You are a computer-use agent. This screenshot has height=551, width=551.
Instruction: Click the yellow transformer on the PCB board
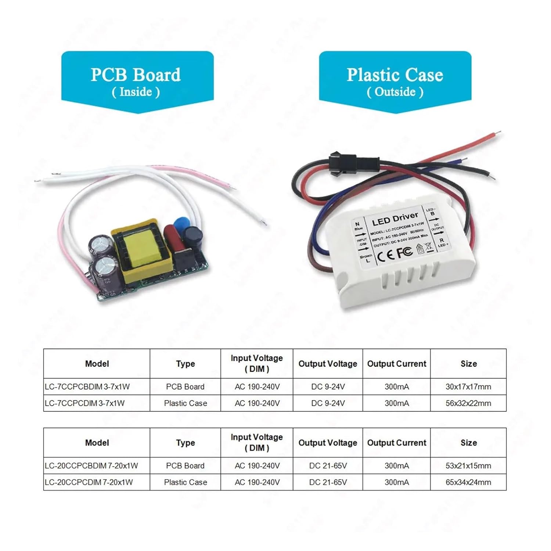click(143, 250)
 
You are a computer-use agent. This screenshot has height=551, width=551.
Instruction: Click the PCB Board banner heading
click(136, 75)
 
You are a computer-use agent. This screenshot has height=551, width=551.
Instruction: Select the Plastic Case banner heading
click(395, 75)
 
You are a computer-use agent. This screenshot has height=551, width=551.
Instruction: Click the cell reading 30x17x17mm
click(468, 387)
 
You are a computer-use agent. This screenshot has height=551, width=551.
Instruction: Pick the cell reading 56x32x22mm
click(468, 403)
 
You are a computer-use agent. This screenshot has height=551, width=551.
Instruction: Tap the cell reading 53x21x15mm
click(468, 466)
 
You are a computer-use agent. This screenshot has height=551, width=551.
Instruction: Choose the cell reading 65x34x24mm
click(468, 482)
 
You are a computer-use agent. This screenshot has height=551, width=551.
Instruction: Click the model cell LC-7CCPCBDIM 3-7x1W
click(87, 387)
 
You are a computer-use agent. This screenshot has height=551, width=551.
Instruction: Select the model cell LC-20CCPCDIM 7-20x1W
click(89, 482)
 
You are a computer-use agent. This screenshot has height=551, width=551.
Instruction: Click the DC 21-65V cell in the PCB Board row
click(328, 466)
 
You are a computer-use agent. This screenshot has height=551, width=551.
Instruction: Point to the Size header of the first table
click(469, 364)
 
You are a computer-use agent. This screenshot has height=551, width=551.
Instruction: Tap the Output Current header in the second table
click(397, 443)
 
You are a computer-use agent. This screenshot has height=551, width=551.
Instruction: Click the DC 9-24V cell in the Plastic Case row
click(328, 403)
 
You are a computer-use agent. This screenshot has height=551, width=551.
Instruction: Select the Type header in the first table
click(186, 364)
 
